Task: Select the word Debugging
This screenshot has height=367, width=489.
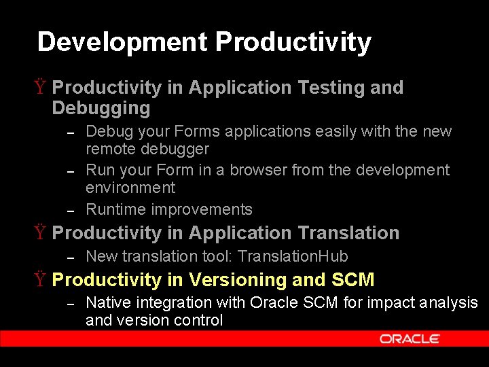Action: (101, 108)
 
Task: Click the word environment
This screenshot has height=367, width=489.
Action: (130, 188)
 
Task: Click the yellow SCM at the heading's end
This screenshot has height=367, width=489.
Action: (352, 280)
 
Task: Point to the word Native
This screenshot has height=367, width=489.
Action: (107, 302)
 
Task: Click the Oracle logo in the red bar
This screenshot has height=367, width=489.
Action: (410, 338)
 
